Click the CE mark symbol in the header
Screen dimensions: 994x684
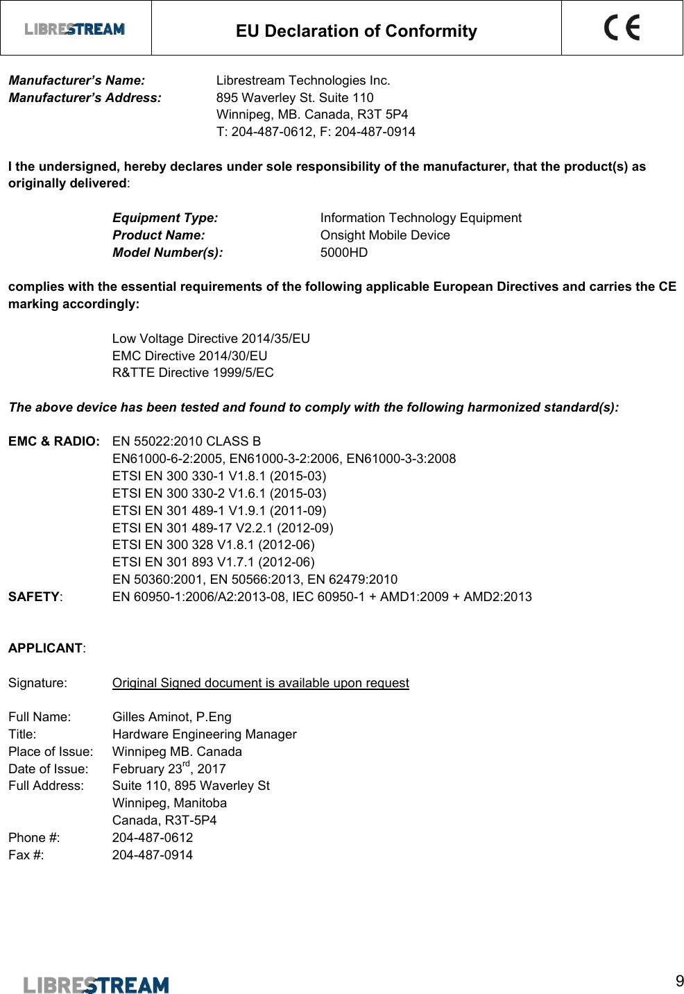tap(622, 28)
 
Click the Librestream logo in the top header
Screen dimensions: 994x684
tap(75, 29)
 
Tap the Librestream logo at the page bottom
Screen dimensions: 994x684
tap(96, 984)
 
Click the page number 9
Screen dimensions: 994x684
tap(679, 981)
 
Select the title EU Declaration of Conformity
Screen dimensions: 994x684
tap(356, 31)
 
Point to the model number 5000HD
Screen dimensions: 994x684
tap(344, 253)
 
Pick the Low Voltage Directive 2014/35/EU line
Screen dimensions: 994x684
tap(211, 339)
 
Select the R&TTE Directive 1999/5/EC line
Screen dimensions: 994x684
tap(193, 373)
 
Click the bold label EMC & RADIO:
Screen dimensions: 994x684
tap(54, 441)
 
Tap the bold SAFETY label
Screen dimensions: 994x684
tap(34, 597)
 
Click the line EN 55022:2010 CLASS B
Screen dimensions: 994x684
tap(187, 441)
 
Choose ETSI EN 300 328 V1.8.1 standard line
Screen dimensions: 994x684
tap(213, 545)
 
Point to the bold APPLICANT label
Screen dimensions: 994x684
tap(46, 648)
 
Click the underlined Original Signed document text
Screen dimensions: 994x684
tap(260, 683)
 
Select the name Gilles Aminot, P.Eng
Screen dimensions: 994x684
tap(171, 717)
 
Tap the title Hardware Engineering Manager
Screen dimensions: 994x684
tap(204, 734)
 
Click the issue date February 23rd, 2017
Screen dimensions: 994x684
tap(169, 768)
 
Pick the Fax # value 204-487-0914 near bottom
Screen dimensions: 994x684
tap(153, 855)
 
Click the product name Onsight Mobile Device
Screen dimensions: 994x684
tap(385, 235)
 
